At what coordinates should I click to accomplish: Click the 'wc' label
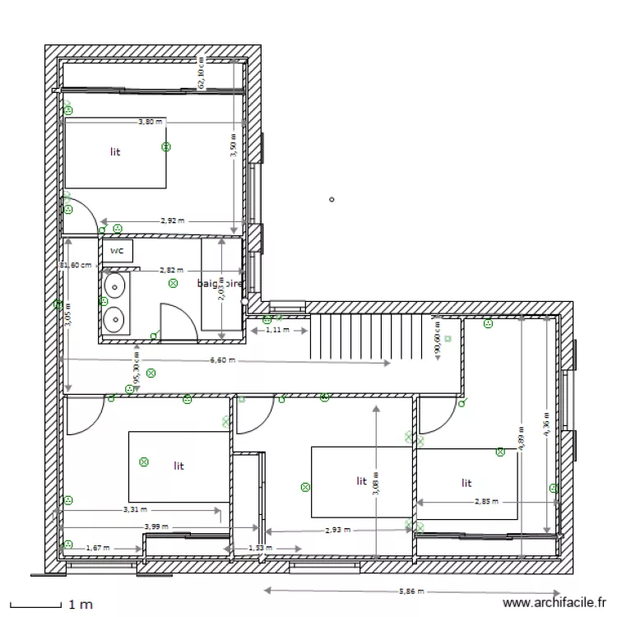coord(117,250)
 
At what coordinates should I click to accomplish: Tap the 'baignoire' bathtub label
coord(220,283)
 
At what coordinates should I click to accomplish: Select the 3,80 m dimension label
coord(150,122)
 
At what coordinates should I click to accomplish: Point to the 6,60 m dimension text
coord(223,360)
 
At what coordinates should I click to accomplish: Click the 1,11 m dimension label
coord(280,330)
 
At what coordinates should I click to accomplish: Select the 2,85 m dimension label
coord(487,500)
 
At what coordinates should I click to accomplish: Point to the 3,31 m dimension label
coord(136,509)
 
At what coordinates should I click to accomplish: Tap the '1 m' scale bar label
coord(81,605)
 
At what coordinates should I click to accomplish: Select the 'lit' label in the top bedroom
coord(115,152)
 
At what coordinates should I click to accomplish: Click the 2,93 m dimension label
coord(337,531)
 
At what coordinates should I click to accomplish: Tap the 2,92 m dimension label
coord(172,220)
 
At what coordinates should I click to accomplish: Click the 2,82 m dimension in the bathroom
coord(171,270)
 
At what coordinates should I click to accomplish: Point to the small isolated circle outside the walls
coord(332,199)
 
